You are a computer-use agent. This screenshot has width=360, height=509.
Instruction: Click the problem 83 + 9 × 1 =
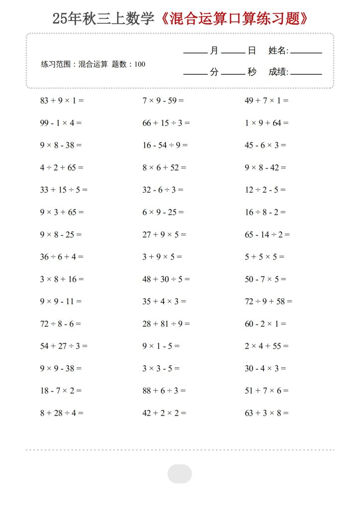coord(62,100)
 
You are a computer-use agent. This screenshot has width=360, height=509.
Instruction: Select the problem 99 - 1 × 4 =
coord(61,123)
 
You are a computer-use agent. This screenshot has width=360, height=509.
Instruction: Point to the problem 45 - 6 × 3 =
coord(266,145)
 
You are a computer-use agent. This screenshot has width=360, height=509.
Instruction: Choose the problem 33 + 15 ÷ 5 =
coord(64,189)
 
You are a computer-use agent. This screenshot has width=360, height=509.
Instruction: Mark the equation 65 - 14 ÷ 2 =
coord(267,234)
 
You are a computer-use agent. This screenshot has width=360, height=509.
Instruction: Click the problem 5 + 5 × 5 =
coord(265,256)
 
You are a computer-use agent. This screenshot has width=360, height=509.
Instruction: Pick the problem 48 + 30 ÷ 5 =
coord(166,279)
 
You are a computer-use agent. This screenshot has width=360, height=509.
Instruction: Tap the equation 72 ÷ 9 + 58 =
coord(269,301)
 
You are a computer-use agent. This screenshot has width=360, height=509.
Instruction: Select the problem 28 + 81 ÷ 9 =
coord(166,324)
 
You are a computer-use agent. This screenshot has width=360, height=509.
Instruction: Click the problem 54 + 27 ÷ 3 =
coord(64,346)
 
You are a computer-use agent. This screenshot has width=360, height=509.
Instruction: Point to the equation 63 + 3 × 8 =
coord(267,413)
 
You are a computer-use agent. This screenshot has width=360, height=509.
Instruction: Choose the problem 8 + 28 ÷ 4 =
coord(62,413)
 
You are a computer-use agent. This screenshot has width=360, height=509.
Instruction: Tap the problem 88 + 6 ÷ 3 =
coord(164,391)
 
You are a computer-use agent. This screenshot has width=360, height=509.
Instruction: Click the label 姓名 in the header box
coord(277,50)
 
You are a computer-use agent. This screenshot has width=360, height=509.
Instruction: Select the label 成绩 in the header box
coord(277,72)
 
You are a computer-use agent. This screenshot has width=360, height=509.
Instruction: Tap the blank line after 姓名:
coord(306,52)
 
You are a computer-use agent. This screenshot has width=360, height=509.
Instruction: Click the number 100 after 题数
coord(140,64)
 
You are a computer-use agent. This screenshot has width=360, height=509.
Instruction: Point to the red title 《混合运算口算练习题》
coord(235,19)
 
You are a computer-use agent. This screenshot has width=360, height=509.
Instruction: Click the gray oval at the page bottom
coord(180,474)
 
